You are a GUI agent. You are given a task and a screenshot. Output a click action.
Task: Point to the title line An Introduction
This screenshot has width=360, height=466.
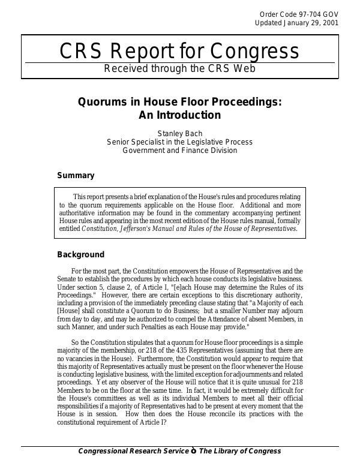(180, 115)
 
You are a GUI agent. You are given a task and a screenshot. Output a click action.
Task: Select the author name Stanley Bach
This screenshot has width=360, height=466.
(180, 133)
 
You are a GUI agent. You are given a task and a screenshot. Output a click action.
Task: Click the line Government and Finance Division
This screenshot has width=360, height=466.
(180, 151)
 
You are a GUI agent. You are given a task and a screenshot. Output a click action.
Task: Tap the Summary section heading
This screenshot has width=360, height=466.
(76, 176)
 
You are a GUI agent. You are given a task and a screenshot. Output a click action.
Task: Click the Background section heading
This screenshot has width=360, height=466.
(80, 254)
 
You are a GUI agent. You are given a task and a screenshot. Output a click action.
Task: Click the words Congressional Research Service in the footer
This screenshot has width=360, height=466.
(133, 452)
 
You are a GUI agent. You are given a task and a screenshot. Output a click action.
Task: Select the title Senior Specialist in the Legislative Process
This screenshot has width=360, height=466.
(180, 142)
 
